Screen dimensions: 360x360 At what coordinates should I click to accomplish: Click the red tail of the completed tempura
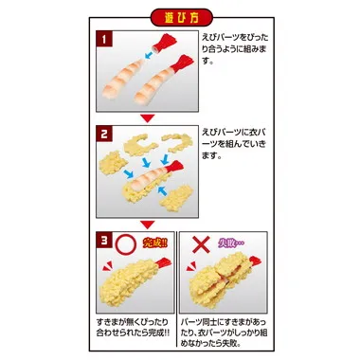164,261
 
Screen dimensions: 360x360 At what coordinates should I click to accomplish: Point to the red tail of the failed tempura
249,262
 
